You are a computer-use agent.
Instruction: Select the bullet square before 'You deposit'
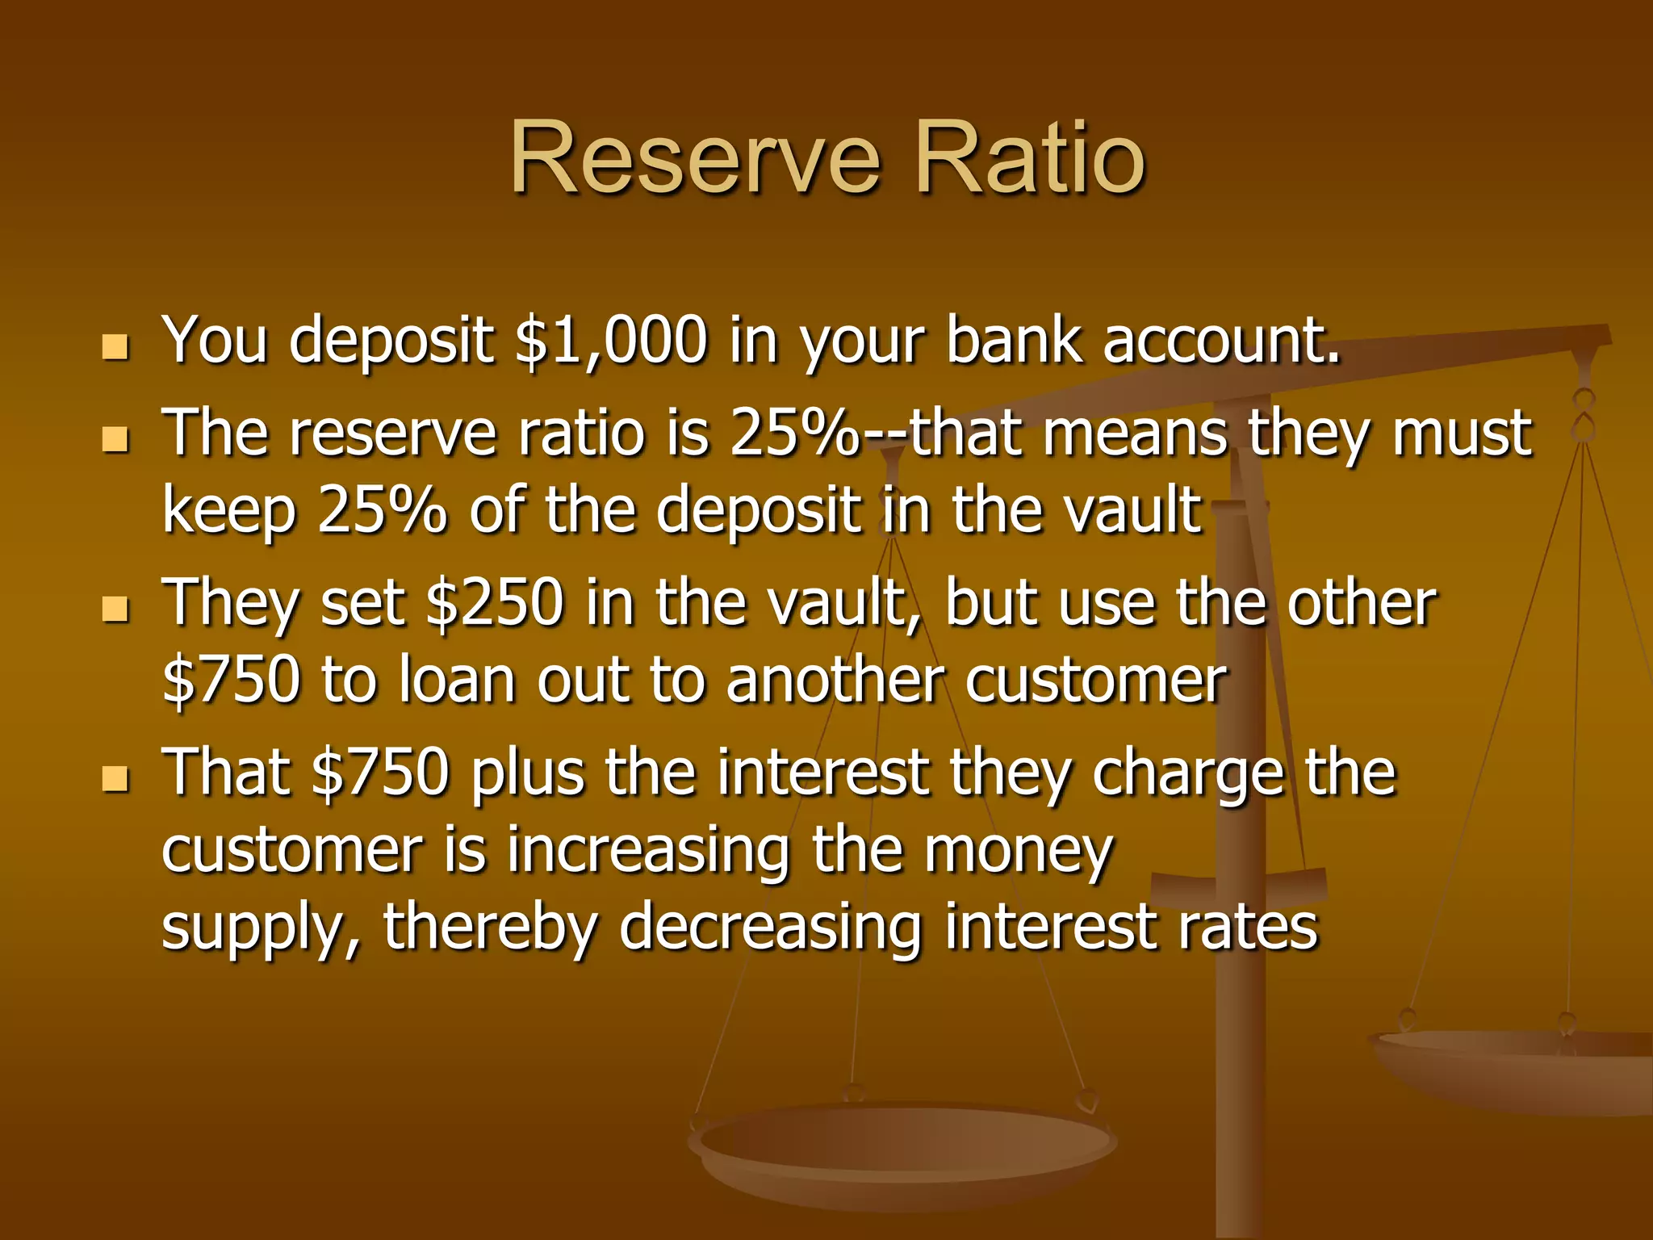(x=116, y=347)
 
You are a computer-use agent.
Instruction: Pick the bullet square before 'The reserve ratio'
(x=116, y=440)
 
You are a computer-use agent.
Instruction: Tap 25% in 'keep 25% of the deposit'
(x=382, y=510)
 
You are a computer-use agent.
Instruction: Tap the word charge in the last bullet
(x=1186, y=773)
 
